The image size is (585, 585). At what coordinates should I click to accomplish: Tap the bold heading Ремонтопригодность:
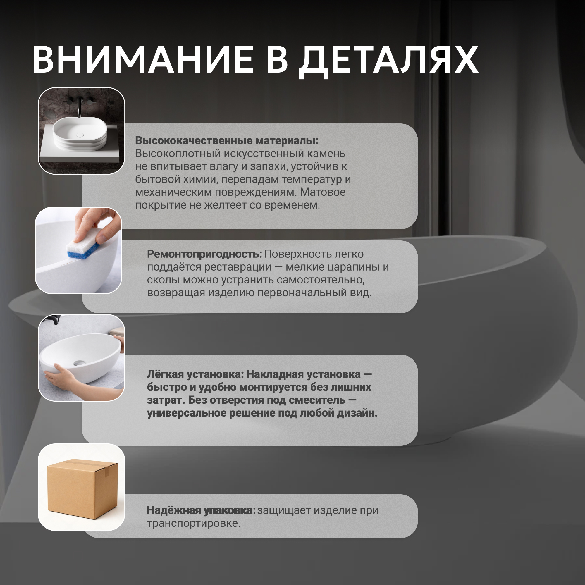pyautogui.click(x=204, y=254)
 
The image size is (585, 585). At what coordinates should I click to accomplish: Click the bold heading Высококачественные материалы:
pyautogui.click(x=227, y=140)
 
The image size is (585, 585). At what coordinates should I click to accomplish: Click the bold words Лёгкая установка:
pyautogui.click(x=195, y=375)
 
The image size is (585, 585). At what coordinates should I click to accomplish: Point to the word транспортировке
pyautogui.click(x=193, y=523)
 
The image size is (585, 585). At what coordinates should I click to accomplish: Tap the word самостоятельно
pyautogui.click(x=321, y=280)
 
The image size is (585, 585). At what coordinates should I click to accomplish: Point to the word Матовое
pyautogui.click(x=323, y=192)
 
